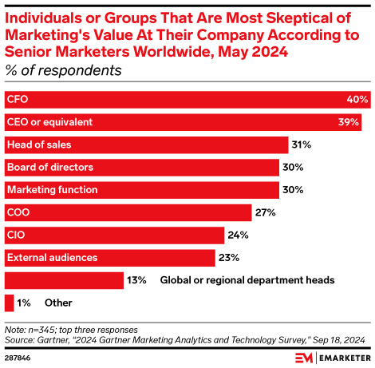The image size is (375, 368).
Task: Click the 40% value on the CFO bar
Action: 357,100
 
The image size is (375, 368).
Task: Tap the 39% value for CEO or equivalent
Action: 349,122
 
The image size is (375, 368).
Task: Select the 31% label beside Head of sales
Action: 301,145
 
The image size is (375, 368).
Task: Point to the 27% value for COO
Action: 266,212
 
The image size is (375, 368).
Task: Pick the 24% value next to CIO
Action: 237,235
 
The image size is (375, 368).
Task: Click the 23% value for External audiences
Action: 228,258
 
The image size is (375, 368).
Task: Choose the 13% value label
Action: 137,280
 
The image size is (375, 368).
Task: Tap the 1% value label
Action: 26,303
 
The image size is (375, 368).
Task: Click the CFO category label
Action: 18,100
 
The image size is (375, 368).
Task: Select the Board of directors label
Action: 49,168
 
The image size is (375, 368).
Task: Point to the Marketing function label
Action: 52,190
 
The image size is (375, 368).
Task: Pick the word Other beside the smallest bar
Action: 58,303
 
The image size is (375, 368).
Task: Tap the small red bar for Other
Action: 9,303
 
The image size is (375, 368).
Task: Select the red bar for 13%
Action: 64,280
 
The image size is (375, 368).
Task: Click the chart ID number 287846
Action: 21,357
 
